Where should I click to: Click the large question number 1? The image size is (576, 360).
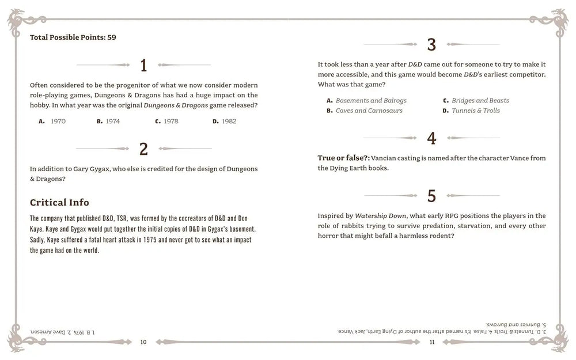tap(143, 65)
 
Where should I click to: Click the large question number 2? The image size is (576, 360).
tap(143, 149)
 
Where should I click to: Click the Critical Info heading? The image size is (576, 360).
tap(59, 202)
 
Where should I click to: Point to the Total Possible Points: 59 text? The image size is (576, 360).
tap(73, 37)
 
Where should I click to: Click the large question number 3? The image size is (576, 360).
tap(431, 44)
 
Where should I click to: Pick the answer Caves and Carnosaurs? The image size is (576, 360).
tap(369, 111)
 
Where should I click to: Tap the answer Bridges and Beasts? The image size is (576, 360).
tap(480, 100)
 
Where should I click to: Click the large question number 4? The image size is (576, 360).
tap(431, 138)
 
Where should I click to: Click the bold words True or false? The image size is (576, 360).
tap(343, 158)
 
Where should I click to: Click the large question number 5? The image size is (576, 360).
tap(431, 196)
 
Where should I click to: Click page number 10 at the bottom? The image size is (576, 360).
tap(143, 342)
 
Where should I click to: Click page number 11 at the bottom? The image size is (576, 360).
tap(432, 342)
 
